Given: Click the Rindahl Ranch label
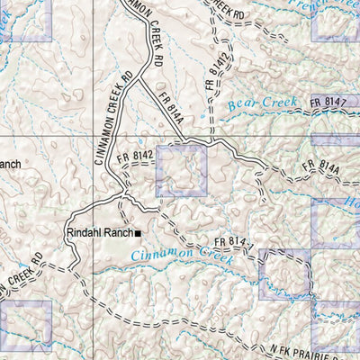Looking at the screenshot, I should coord(99,233).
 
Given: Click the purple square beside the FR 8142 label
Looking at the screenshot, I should coord(182,171).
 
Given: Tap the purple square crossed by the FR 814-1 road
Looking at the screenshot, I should coord(283,274).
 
